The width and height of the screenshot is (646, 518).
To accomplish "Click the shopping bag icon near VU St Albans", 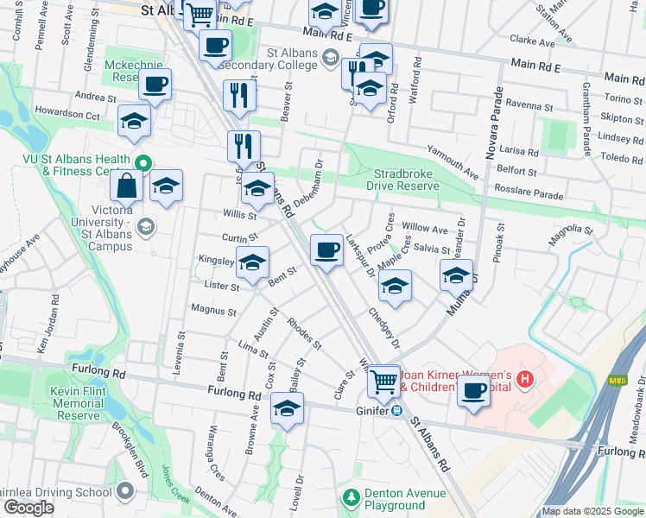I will point(126,186).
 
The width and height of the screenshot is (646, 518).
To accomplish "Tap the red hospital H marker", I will point(525,378).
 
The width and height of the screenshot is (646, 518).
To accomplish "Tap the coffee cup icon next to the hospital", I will point(473,390).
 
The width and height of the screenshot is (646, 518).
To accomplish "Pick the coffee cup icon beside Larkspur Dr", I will point(326,250).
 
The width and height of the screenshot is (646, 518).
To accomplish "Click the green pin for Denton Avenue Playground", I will point(351,498).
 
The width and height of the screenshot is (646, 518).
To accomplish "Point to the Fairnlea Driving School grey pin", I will point(125,491).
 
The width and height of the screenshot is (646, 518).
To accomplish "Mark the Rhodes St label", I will point(305,334).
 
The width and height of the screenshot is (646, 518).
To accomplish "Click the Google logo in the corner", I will point(28,508).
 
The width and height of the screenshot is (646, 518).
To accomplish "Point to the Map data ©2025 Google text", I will point(592,511).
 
